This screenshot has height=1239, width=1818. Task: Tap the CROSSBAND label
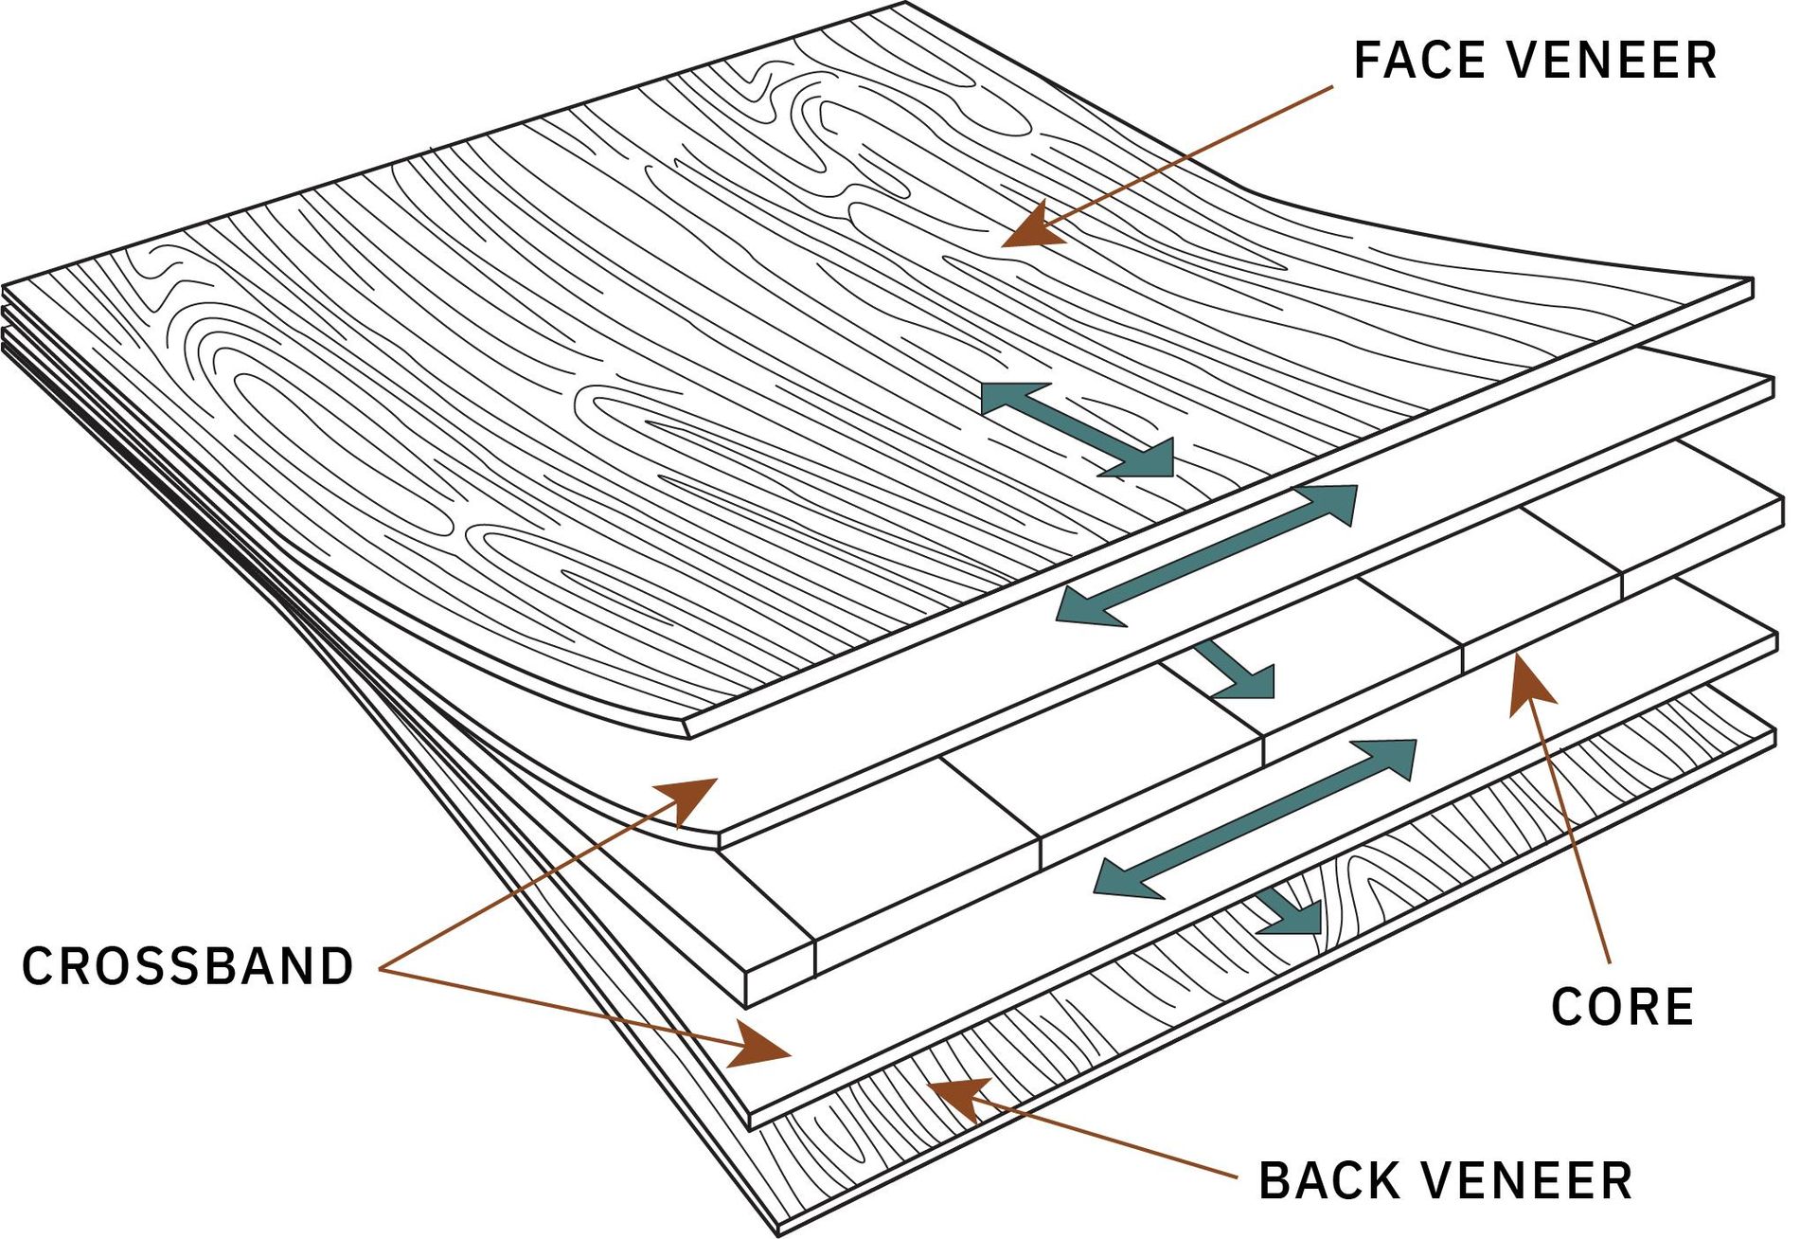187,967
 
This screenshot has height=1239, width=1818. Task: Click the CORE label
1622,1006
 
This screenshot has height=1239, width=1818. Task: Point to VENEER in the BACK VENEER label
1527,1181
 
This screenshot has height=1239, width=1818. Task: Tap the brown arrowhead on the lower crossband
759,1045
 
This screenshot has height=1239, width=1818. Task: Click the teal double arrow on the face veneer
1078,429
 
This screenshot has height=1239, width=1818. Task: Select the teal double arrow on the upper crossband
1206,555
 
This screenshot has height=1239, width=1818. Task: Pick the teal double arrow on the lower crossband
1255,818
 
